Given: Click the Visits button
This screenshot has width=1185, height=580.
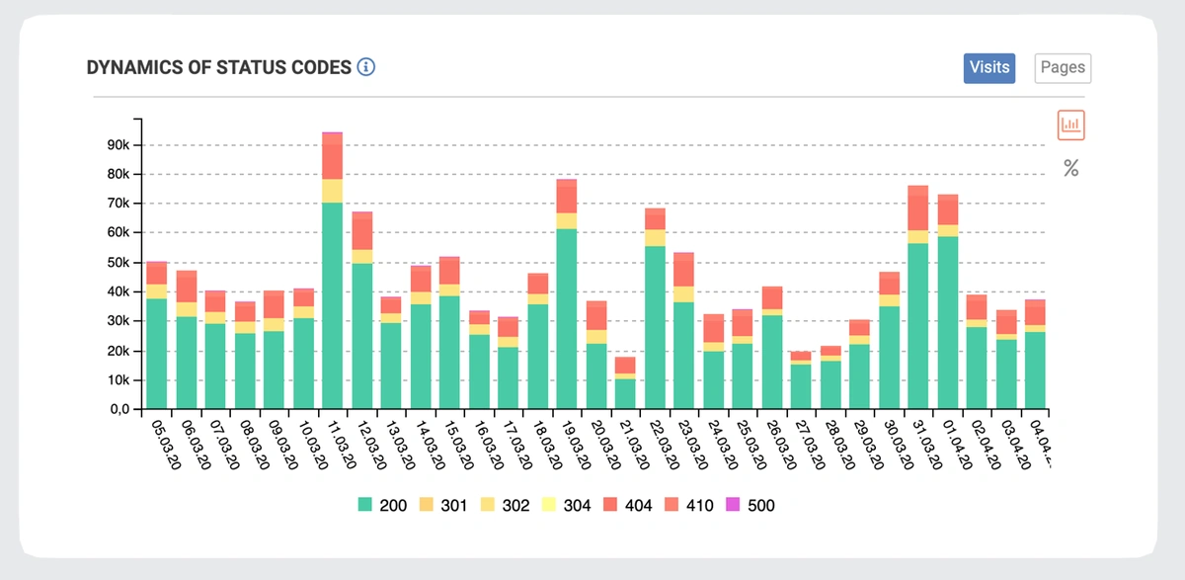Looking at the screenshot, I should [x=989, y=68].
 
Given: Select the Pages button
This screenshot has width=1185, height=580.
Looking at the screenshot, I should [x=1063, y=68].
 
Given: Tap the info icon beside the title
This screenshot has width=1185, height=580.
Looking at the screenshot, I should [x=366, y=67].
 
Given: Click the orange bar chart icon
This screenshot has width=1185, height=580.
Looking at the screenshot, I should [x=1071, y=124].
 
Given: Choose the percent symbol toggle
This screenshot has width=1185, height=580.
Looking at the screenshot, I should [x=1071, y=169].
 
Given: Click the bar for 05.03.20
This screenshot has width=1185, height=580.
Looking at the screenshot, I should [x=156, y=346].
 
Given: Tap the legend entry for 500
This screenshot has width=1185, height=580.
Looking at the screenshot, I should [x=751, y=505].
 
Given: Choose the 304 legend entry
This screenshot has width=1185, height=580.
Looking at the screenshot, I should [x=565, y=505].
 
